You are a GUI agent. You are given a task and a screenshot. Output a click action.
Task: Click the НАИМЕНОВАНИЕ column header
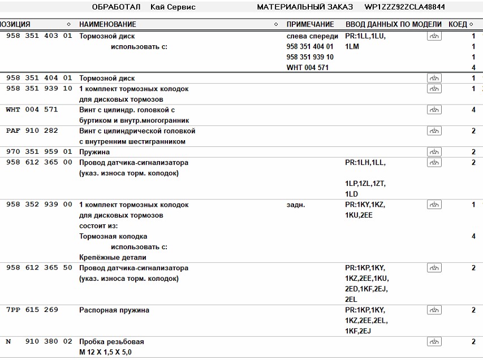pos(107,25)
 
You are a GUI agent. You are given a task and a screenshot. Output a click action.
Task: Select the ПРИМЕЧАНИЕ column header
pos(310,25)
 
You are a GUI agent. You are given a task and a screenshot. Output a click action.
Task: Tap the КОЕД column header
pos(458,25)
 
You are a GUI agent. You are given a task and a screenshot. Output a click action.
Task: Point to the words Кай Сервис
pos(173,7)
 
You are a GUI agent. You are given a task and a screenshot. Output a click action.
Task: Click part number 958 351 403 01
pos(39,36)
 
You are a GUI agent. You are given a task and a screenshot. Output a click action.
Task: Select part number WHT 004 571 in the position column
pos(32,110)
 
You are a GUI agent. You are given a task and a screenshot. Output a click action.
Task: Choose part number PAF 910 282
pos(32,131)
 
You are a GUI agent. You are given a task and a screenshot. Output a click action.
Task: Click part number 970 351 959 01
pos(39,152)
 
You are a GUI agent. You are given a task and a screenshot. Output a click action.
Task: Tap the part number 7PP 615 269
pos(32,310)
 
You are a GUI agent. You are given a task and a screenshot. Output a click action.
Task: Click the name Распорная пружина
pos(114,310)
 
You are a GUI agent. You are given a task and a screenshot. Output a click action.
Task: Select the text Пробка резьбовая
pos(111,342)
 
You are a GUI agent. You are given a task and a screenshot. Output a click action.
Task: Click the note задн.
pos(296,205)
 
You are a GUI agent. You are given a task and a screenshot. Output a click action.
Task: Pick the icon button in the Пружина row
pos(434,152)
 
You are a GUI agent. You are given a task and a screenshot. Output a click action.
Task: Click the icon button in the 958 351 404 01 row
pos(434,79)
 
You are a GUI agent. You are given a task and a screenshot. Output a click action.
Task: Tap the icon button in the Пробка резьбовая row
pos(434,342)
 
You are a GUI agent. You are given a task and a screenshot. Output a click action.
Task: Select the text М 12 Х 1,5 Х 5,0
pos(106,353)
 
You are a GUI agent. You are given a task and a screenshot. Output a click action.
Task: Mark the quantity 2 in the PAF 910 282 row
pos(473,131)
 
